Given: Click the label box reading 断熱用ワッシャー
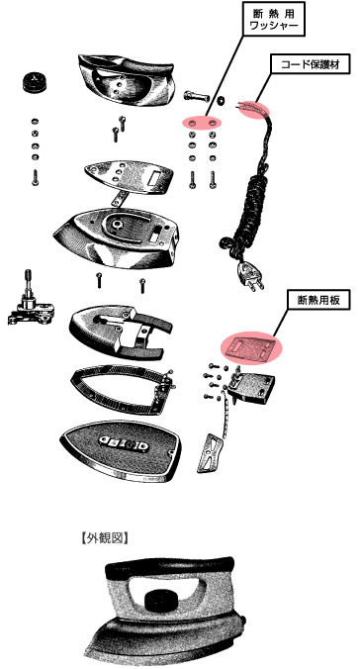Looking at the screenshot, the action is click(274, 19).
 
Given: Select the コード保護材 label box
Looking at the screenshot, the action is click(311, 65).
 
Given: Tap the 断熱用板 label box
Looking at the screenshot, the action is click(319, 301).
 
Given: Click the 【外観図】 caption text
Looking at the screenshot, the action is click(104, 538).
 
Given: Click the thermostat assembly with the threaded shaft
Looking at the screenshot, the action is click(31, 301).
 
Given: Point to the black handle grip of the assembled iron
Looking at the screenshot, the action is click(170, 566).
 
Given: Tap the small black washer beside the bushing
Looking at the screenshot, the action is click(221, 101).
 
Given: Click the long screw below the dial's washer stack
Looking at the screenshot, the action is click(35, 177).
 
